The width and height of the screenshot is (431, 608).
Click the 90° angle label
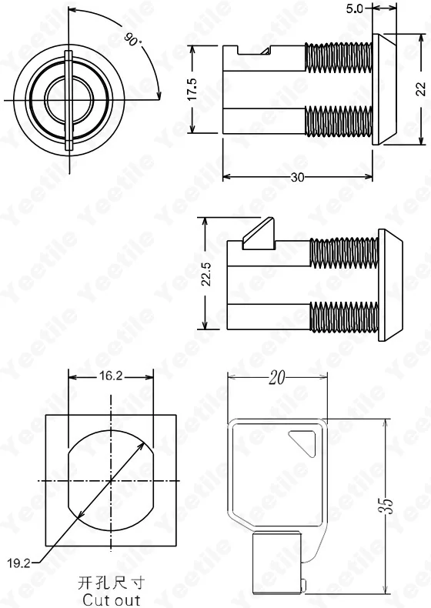click(x=132, y=39)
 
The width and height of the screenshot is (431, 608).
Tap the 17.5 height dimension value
click(x=192, y=89)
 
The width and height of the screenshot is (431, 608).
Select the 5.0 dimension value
click(x=355, y=8)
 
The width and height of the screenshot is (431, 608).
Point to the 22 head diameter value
click(x=421, y=89)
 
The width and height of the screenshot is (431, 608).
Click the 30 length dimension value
click(x=298, y=177)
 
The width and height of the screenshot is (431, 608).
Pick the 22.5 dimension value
click(x=205, y=274)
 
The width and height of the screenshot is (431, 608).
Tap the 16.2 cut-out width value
click(x=111, y=376)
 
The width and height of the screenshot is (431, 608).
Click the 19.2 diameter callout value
click(x=18, y=563)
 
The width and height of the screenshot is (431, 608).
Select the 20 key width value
click(x=277, y=377)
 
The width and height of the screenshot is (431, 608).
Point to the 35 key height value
click(x=386, y=506)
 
